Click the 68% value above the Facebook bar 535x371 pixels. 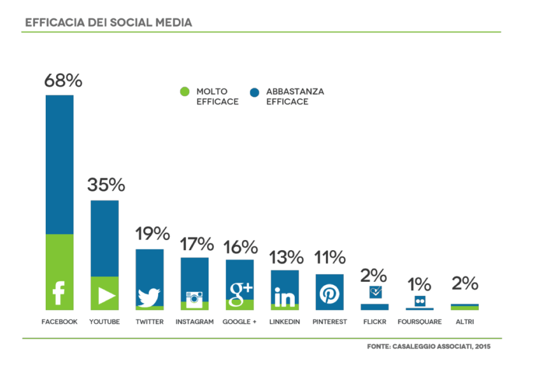[63, 81]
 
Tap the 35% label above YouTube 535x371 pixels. [106, 185]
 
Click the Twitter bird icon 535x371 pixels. [149, 297]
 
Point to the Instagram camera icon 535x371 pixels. [194, 299]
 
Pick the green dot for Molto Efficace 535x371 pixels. [184, 92]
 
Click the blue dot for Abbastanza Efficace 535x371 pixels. [255, 92]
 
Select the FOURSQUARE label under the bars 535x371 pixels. [420, 322]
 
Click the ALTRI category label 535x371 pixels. [465, 322]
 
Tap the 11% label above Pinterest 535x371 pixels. [330, 257]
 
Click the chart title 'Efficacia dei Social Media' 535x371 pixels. [109, 23]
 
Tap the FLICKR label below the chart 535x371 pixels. [374, 322]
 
